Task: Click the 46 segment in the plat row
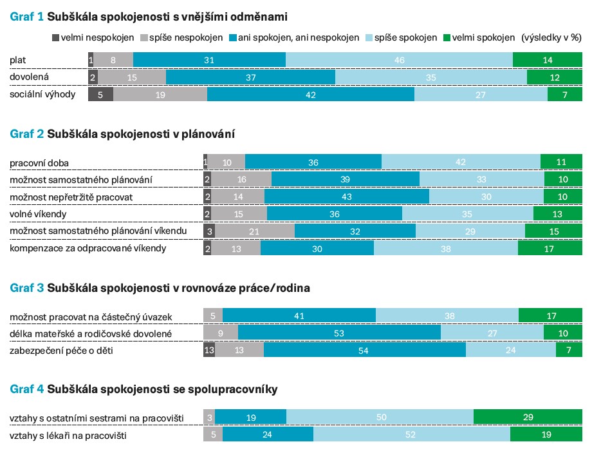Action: click(x=399, y=60)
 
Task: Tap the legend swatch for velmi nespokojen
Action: click(x=55, y=38)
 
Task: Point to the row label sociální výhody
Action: click(x=42, y=95)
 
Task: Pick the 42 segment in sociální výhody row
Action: click(x=311, y=95)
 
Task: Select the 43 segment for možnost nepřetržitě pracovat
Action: click(x=346, y=197)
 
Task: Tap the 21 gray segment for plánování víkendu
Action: click(x=253, y=231)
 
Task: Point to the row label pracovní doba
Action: click(x=39, y=162)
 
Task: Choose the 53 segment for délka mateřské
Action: click(x=339, y=333)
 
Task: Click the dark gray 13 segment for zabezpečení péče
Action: click(x=208, y=350)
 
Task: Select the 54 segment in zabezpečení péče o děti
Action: click(x=364, y=350)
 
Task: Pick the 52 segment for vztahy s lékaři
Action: click(x=411, y=436)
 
